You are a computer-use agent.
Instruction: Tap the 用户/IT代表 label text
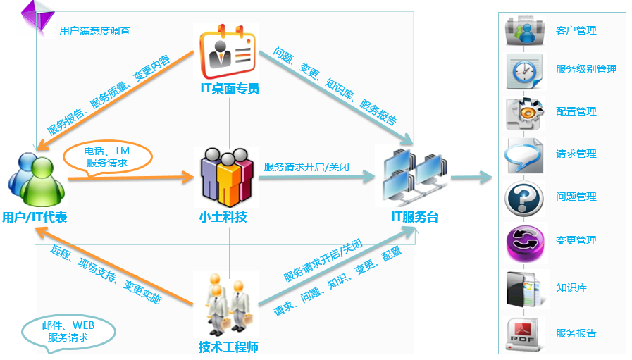click(x=35, y=218)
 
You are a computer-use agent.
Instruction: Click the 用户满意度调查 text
click(x=94, y=31)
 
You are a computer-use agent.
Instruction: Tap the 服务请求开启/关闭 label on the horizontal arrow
click(x=306, y=168)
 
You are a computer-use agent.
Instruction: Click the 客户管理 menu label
click(x=576, y=30)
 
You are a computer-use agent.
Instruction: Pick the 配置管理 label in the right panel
click(x=576, y=111)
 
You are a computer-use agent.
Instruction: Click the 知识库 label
click(x=571, y=287)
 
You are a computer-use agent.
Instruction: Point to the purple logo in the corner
click(x=35, y=18)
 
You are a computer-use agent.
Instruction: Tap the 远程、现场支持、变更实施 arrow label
click(x=106, y=274)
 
